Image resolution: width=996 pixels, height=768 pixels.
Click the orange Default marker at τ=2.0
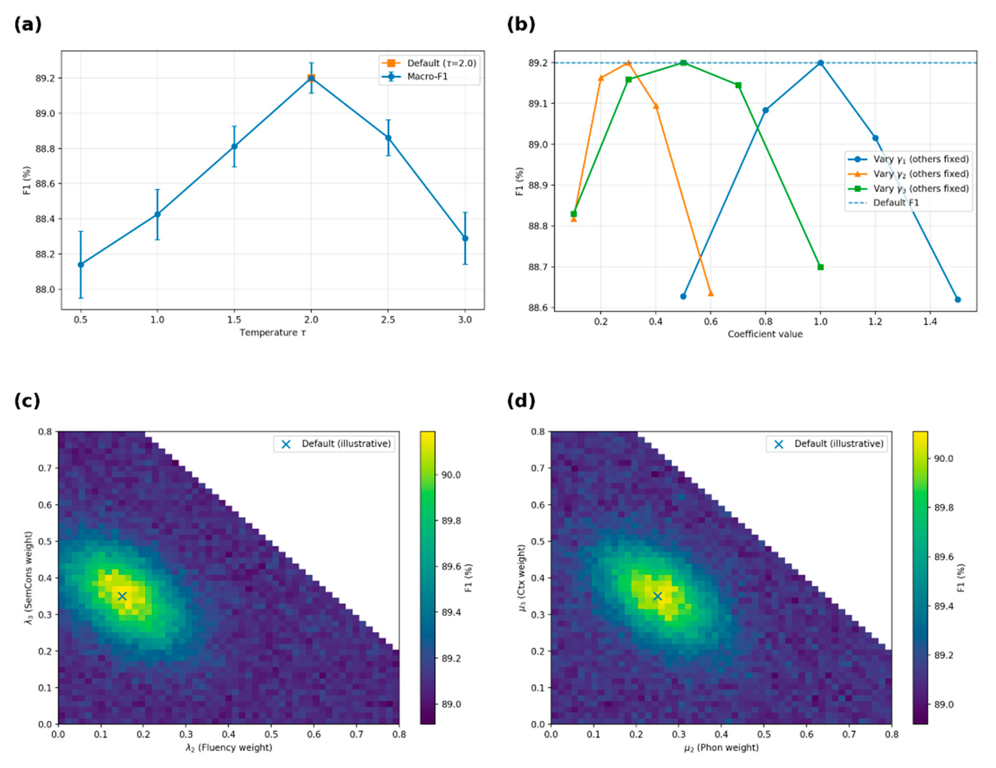pyautogui.click(x=311, y=78)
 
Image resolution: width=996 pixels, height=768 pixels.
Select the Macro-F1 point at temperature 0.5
pyautogui.click(x=81, y=264)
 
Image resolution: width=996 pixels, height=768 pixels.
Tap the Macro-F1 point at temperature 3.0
pyautogui.click(x=465, y=238)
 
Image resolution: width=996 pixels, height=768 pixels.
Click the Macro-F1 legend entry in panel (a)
pyautogui.click(x=427, y=76)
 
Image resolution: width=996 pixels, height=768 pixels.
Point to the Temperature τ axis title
pyautogui.click(x=273, y=333)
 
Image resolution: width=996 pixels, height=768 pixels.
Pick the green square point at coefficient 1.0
pyautogui.click(x=820, y=267)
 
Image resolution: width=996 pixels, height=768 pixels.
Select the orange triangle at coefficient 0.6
pyautogui.click(x=710, y=293)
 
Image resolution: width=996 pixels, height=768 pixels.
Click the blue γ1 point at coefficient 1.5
pyautogui.click(x=958, y=299)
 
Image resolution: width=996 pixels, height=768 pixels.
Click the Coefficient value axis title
pyautogui.click(x=765, y=334)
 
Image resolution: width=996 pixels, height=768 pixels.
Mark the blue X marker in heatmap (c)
pyautogui.click(x=122, y=596)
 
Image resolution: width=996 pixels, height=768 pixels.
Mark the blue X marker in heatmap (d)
pyautogui.click(x=657, y=596)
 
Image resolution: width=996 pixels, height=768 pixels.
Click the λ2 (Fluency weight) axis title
pyautogui.click(x=228, y=748)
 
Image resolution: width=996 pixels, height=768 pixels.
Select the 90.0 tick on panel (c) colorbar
pyautogui.click(x=451, y=475)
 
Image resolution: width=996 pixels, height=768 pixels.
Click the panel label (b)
pyautogui.click(x=521, y=24)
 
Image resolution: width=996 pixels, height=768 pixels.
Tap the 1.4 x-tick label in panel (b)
pyautogui.click(x=930, y=322)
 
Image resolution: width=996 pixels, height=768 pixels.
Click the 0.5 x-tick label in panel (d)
pyautogui.click(x=764, y=734)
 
